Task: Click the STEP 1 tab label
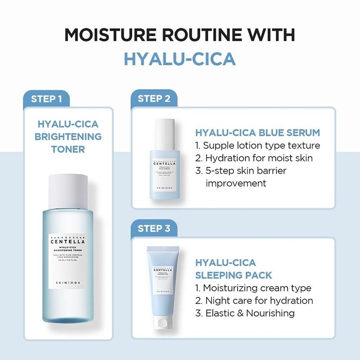point(46,99)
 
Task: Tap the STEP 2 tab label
point(154,99)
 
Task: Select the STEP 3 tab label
point(154,229)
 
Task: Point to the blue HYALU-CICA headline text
point(180,59)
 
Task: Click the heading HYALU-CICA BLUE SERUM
point(257,133)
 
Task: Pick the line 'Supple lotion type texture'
point(258,145)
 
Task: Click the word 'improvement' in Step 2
point(236,183)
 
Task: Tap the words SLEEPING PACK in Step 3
point(234,275)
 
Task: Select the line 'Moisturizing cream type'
point(253,288)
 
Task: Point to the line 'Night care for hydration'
point(254,300)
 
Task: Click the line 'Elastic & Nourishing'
point(245,313)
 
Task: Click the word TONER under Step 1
point(68,149)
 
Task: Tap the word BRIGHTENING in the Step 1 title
point(70,136)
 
